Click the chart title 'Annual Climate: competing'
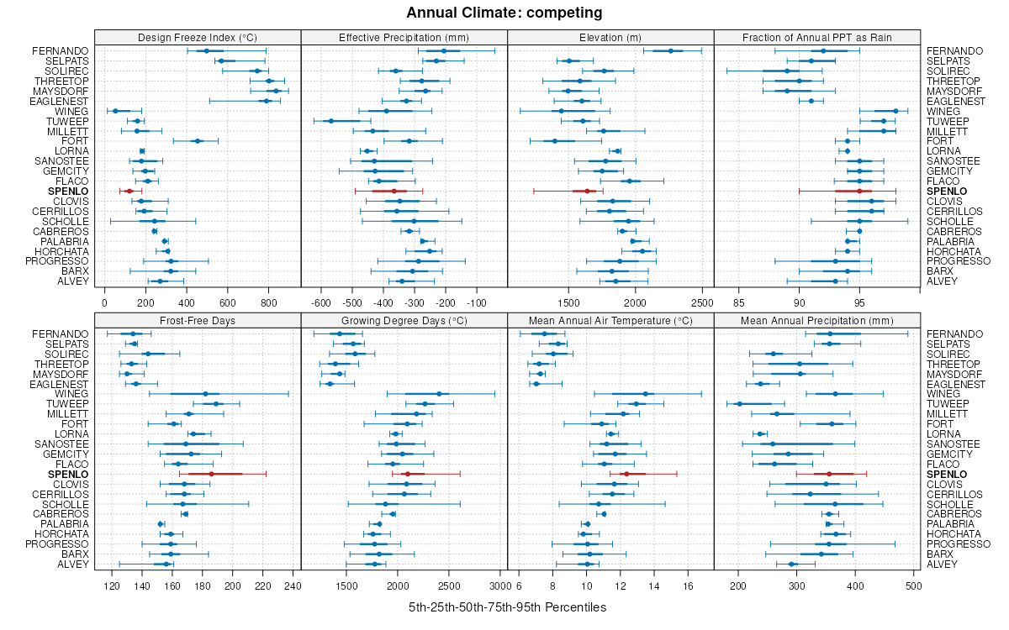point(504,13)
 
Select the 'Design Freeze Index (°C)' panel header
point(198,37)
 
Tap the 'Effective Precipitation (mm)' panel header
point(404,37)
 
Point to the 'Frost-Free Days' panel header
point(198,320)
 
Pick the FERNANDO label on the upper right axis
point(954,51)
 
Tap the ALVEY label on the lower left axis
point(74,564)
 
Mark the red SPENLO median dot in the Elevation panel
point(587,192)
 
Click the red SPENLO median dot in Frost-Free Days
point(211,475)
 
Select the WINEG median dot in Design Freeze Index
point(115,111)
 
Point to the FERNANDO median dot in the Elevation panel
point(670,51)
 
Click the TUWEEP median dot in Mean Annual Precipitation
point(740,404)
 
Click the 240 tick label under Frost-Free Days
point(293,585)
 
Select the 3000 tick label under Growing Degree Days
point(499,585)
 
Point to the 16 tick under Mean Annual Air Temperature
point(688,585)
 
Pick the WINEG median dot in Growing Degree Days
point(439,394)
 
